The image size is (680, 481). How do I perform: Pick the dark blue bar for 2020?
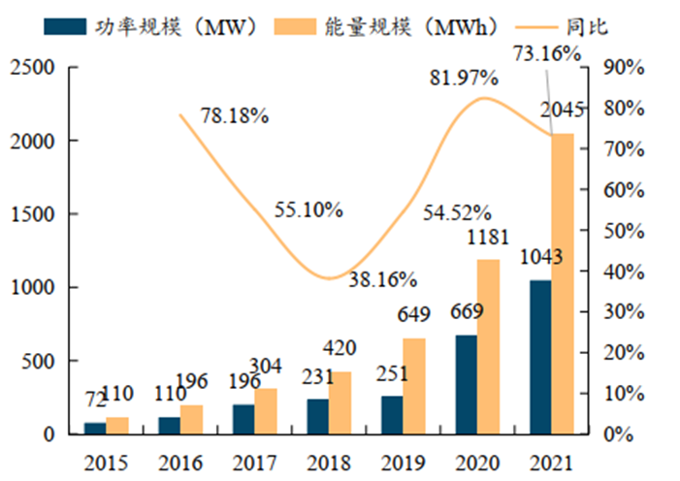(x=466, y=384)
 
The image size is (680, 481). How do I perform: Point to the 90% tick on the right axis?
(x=622, y=68)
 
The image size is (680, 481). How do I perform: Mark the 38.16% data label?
(x=383, y=280)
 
